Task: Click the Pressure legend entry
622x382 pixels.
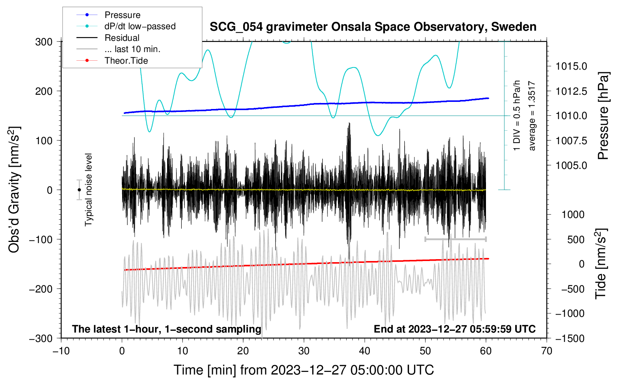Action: point(122,15)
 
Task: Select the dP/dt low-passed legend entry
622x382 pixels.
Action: point(140,26)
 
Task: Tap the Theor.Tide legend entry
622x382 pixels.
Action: point(126,61)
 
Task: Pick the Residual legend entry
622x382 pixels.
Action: point(122,38)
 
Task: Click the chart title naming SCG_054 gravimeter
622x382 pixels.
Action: point(373,27)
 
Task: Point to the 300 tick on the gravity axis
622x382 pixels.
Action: point(44,42)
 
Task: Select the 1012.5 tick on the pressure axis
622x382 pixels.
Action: point(571,91)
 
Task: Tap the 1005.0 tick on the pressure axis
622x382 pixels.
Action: point(571,165)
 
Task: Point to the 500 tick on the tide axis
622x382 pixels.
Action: point(576,239)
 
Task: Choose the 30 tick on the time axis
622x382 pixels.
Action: point(304,351)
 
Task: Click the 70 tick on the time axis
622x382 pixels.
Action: point(547,351)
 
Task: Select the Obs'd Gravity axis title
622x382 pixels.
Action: point(14,190)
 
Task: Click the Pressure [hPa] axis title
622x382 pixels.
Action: point(603,116)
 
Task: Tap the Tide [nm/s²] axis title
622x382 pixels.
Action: point(601,264)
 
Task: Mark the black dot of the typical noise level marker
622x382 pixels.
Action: point(79,190)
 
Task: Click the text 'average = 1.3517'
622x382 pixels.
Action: point(532,116)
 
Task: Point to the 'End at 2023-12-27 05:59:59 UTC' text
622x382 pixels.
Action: point(455,329)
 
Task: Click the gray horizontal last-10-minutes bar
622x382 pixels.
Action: point(455,239)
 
